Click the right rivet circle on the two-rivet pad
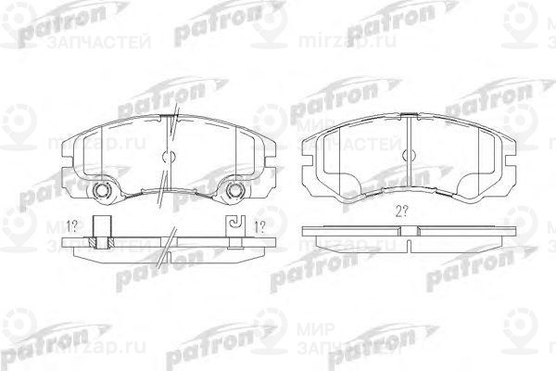click(x=234, y=192)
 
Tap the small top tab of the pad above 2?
click(x=408, y=116)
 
